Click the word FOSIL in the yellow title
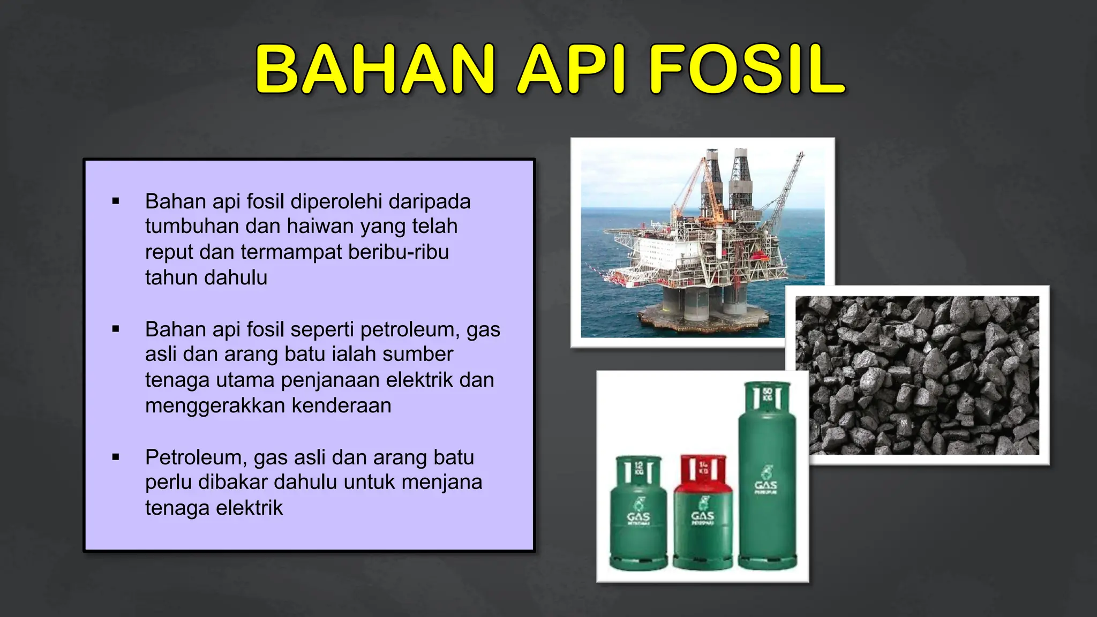[747, 70]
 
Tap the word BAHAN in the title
[375, 70]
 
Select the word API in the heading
[571, 70]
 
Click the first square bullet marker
[116, 201]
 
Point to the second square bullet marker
[116, 329]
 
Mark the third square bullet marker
[116, 457]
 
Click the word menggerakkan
[214, 405]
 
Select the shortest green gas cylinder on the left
[638, 514]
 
